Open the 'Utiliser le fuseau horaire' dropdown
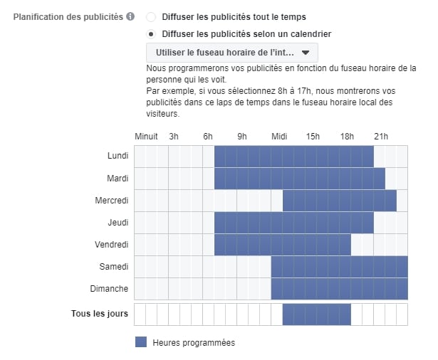point(231,53)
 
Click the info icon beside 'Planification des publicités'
point(130,16)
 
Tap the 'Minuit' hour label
point(146,136)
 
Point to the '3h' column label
point(174,136)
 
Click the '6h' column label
point(208,136)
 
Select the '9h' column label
point(242,136)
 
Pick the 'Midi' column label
point(278,136)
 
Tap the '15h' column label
point(313,136)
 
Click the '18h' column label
point(347,136)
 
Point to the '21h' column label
point(381,136)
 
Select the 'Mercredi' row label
point(112,201)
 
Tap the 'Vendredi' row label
point(112,245)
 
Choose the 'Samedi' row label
point(114,267)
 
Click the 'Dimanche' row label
point(111,289)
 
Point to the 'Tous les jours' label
point(100,314)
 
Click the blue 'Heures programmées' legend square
point(141,342)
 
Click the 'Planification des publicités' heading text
point(68,16)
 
